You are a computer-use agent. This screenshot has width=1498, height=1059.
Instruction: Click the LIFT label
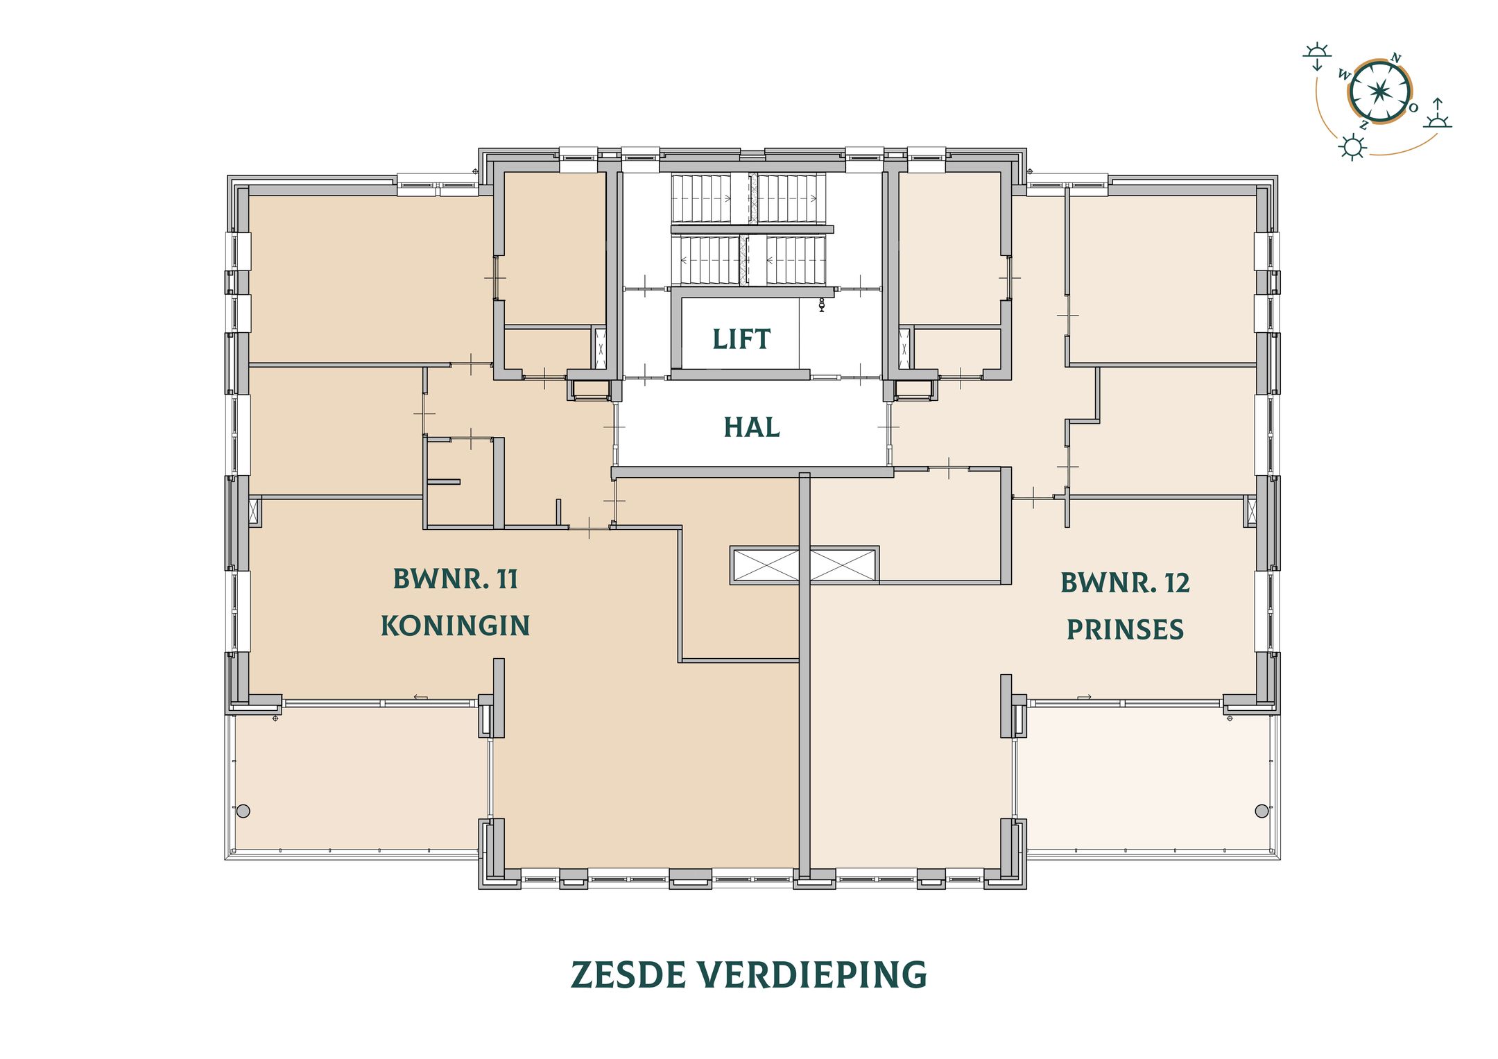click(741, 339)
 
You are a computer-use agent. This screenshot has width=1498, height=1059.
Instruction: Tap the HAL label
click(752, 427)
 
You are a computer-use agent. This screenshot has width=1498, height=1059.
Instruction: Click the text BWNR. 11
click(455, 579)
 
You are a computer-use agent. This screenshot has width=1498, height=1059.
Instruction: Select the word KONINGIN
click(455, 626)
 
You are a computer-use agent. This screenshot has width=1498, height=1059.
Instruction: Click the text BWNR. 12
click(1125, 583)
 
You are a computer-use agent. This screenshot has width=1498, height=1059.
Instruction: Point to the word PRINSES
click(1125, 630)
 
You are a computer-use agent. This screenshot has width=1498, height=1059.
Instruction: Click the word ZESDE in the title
click(628, 975)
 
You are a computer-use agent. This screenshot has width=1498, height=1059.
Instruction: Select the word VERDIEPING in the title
click(812, 975)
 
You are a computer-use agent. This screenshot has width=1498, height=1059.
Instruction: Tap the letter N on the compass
click(1396, 58)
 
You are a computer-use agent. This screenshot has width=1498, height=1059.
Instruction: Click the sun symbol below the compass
click(1352, 147)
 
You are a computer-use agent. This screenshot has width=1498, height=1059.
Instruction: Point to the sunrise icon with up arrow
click(1438, 114)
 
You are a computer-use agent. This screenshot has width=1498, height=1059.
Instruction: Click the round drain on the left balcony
click(243, 811)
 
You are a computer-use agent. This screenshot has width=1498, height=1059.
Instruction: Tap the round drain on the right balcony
click(1262, 811)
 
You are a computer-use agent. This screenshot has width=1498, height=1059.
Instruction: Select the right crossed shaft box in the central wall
click(843, 565)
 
